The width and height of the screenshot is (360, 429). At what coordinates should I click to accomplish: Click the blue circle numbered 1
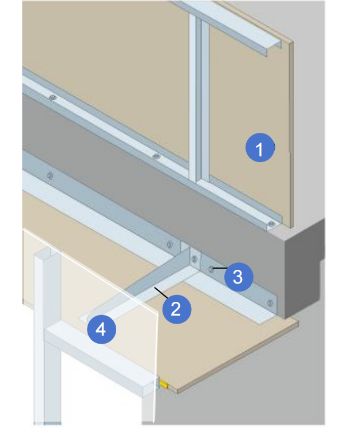pyautogui.click(x=260, y=147)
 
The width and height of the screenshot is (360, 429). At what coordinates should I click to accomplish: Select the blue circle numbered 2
pyautogui.click(x=177, y=309)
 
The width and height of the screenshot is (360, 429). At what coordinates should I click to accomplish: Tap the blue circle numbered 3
pyautogui.click(x=238, y=277)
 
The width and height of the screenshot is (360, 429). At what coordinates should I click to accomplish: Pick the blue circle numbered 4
pyautogui.click(x=101, y=329)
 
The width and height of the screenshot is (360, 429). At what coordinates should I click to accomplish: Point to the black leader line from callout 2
pyautogui.click(x=161, y=293)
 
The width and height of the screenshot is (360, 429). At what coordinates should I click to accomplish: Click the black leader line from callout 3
pyautogui.click(x=220, y=268)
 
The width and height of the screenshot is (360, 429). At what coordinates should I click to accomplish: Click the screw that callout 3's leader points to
pyautogui.click(x=211, y=269)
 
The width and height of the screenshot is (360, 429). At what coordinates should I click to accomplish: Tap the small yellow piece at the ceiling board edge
pyautogui.click(x=164, y=384)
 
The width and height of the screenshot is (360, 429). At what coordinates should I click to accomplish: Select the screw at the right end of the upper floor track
pyautogui.click(x=271, y=224)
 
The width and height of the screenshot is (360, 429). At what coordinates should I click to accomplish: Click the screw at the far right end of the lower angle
pyautogui.click(x=270, y=303)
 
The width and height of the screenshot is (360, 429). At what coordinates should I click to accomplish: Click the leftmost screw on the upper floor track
pyautogui.click(x=53, y=97)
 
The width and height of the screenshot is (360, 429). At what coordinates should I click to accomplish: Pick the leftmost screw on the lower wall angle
pyautogui.click(x=50, y=175)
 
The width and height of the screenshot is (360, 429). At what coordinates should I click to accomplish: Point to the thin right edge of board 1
pyautogui.click(x=291, y=135)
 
